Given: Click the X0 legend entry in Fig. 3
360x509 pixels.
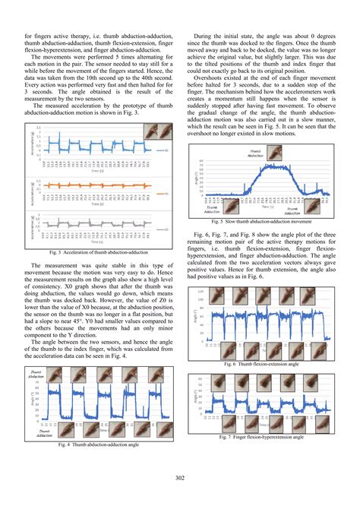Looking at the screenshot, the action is click(166, 151).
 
